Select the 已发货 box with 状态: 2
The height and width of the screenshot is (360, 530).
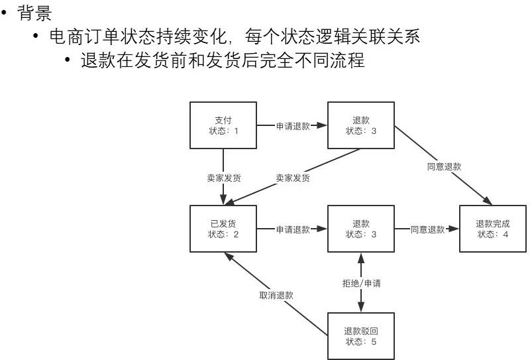tap(223, 229)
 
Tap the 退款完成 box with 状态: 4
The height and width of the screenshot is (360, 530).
tap(492, 229)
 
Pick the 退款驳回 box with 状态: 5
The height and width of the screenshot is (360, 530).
tap(361, 335)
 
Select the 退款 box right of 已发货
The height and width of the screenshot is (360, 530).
tap(361, 229)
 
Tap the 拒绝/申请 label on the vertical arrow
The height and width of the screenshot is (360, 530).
tap(361, 283)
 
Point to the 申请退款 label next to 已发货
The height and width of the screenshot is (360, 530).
tap(292, 229)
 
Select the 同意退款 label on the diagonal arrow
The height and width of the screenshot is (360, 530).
tap(444, 166)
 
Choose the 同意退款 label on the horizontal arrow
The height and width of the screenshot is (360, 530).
tap(427, 229)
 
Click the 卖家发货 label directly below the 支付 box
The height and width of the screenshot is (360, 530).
tap(223, 178)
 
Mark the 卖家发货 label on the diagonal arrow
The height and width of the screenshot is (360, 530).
tap(292, 178)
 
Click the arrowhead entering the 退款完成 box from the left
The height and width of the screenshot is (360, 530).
tap(454, 229)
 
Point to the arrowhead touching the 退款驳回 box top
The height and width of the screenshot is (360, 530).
tap(361, 307)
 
